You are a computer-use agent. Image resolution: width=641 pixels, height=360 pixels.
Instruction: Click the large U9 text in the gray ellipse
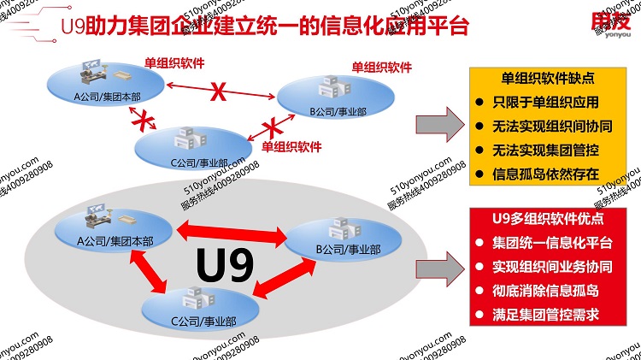click(225, 264)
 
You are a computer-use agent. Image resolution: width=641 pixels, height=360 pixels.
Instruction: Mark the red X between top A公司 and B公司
click(220, 91)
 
